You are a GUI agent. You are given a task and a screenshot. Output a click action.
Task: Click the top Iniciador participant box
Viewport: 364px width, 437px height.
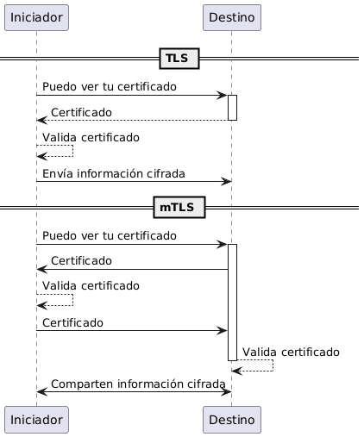[x=36, y=17]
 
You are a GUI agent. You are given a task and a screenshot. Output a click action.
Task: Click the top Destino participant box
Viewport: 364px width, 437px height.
[x=232, y=17]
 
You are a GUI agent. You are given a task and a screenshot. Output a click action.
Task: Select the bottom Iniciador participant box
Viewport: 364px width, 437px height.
[x=36, y=420]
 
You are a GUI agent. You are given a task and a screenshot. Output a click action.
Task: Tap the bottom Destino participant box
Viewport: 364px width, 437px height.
[x=232, y=420]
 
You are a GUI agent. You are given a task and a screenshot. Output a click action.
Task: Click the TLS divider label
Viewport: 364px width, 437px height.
[x=179, y=59]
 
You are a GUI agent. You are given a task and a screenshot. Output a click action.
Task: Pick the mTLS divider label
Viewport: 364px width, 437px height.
[x=179, y=207]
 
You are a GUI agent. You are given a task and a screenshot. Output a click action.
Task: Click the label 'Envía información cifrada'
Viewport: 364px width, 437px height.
[x=114, y=174]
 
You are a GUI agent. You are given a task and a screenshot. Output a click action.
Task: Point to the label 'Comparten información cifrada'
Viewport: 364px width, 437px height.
[x=138, y=384]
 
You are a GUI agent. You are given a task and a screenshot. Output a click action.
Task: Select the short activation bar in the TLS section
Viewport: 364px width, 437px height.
[x=232, y=108]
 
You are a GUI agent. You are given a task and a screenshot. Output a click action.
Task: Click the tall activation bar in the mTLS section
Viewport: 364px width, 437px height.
[x=232, y=303]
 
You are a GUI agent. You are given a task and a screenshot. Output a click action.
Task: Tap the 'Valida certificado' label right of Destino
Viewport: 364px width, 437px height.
[x=291, y=352]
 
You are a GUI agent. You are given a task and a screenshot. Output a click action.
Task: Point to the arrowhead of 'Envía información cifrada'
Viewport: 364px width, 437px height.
[x=227, y=181]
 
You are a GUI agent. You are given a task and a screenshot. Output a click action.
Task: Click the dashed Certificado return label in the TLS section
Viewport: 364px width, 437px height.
[x=81, y=112]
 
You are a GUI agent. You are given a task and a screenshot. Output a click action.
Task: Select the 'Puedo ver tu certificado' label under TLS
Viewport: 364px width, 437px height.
[x=110, y=87]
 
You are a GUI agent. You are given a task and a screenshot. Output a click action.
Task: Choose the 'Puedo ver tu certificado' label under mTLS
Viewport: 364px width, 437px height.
[x=110, y=235]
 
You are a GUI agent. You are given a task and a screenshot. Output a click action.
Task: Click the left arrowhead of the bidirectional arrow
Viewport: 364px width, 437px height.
[x=41, y=391]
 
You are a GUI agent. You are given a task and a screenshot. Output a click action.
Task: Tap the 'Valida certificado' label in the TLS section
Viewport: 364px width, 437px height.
[x=91, y=137]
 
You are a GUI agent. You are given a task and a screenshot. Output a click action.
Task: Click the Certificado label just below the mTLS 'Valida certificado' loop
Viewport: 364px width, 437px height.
[x=72, y=322]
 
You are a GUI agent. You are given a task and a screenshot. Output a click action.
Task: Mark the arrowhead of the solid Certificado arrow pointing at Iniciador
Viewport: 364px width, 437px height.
[x=41, y=269]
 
